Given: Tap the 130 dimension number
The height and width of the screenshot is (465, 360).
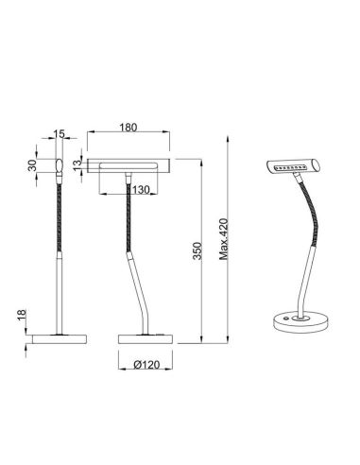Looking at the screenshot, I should pos(141,190).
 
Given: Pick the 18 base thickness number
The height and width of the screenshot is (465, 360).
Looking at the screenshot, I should pos(20,318).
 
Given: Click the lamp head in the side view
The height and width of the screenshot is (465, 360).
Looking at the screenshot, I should pos(59,166).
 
